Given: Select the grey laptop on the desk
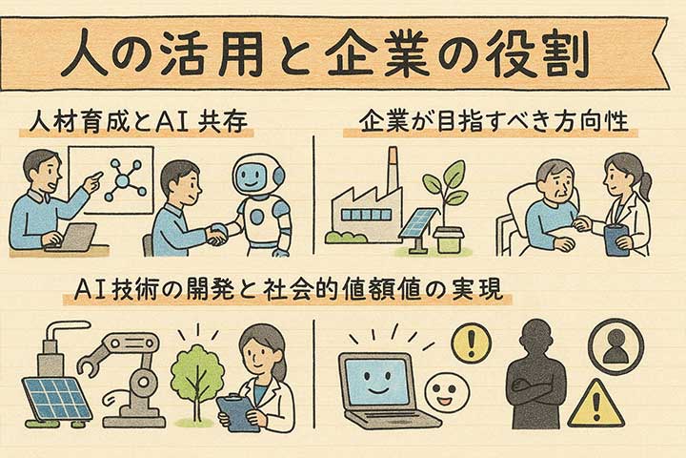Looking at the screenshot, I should tap(71, 238).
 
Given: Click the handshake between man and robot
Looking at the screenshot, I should tap(217, 233).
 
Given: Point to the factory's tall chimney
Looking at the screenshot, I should tap(391, 172).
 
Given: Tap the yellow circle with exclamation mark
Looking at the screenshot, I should tap(469, 343).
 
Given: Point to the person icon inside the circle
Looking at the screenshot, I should tap(615, 345).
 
